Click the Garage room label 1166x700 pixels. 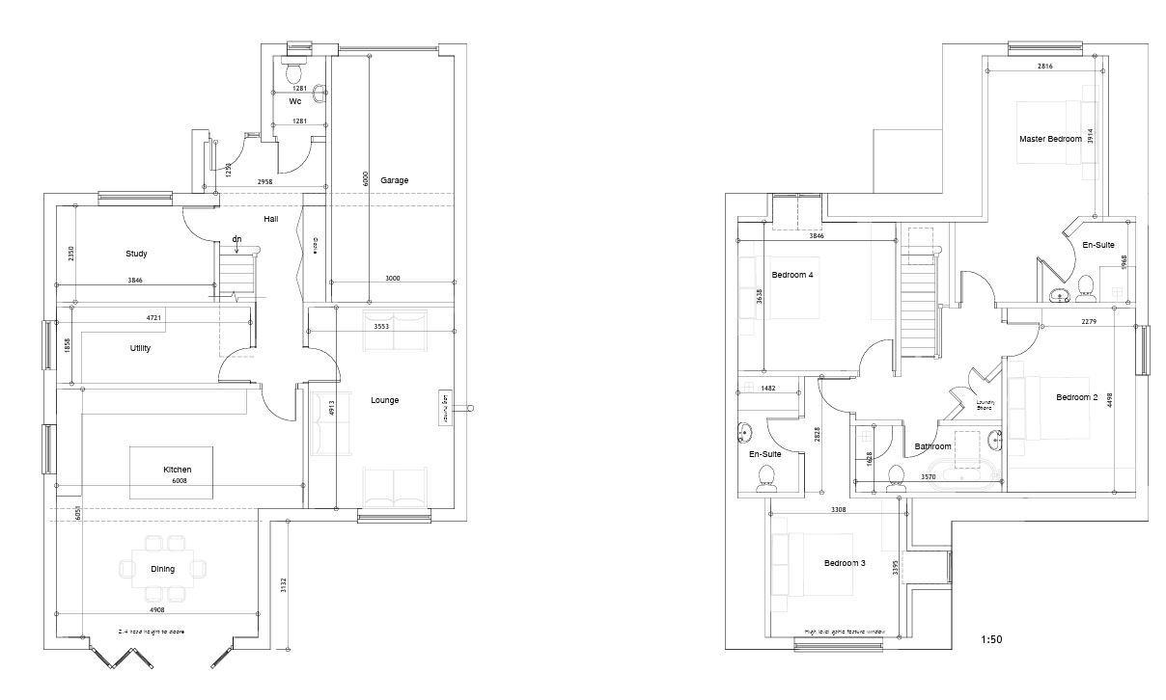pyautogui.click(x=394, y=180)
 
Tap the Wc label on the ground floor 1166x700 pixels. pyautogui.click(x=295, y=100)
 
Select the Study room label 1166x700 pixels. pyautogui.click(x=136, y=255)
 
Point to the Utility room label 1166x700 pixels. pyautogui.click(x=140, y=348)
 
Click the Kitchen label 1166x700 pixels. pyautogui.click(x=177, y=470)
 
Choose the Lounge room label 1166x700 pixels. pyautogui.click(x=385, y=400)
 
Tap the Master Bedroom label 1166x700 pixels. pyautogui.click(x=1050, y=139)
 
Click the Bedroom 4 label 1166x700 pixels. pyautogui.click(x=791, y=275)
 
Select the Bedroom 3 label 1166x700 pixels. pyautogui.click(x=844, y=563)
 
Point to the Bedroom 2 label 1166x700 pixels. pyautogui.click(x=1076, y=397)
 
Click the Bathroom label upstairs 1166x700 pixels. pyautogui.click(x=932, y=446)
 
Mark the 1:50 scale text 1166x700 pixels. pyautogui.click(x=991, y=639)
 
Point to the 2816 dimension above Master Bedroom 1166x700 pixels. pyautogui.click(x=1044, y=67)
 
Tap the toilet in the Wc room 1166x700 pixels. pyautogui.click(x=293, y=72)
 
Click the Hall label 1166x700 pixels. pyautogui.click(x=271, y=220)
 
